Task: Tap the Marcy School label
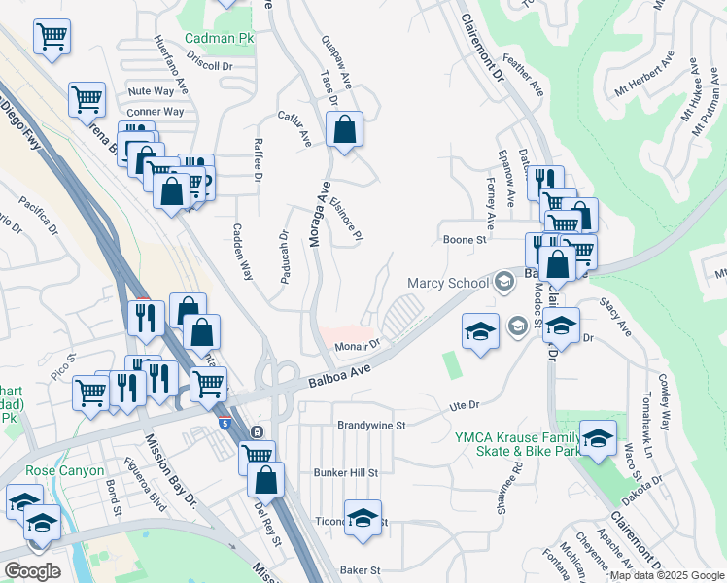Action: [447, 284]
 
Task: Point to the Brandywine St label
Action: [371, 425]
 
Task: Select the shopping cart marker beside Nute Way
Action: [87, 99]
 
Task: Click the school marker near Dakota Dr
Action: [598, 437]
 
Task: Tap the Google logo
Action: [32, 570]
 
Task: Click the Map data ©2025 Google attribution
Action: [667, 575]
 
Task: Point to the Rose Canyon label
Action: [66, 471]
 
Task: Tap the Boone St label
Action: [464, 239]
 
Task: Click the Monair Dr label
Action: [356, 345]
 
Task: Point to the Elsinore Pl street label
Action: [348, 220]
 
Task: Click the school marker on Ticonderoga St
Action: [363, 519]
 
